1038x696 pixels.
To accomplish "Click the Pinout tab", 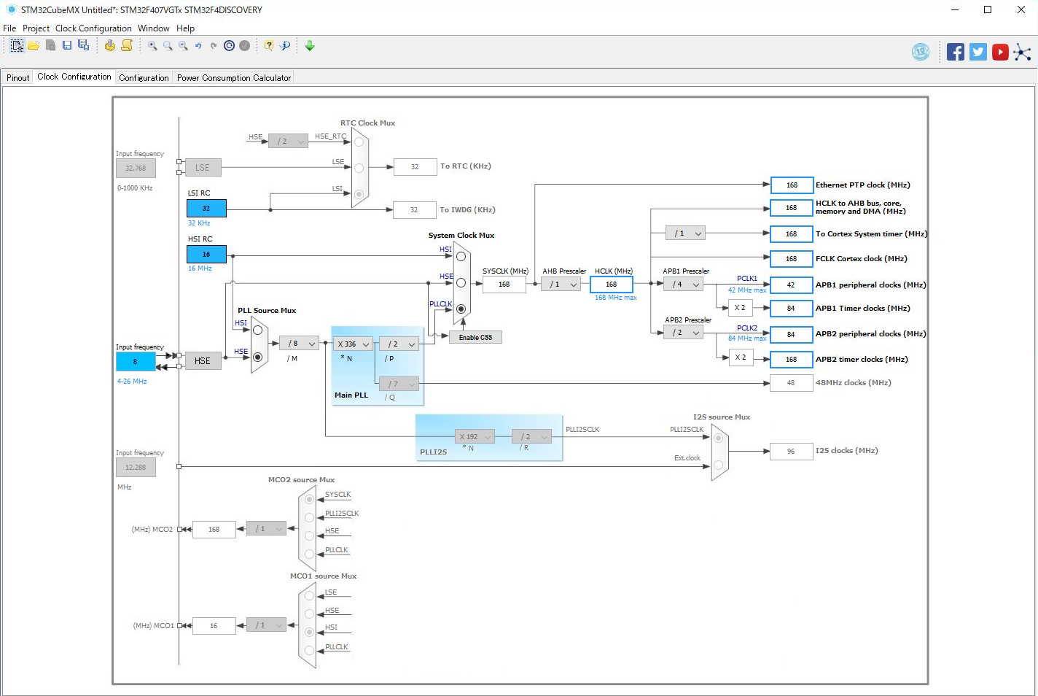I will [18, 78].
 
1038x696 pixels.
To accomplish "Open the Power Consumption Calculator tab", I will [233, 78].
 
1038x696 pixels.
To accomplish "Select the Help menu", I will [185, 28].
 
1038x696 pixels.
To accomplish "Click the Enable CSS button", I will [475, 337].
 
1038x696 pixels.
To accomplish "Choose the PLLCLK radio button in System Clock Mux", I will [461, 309].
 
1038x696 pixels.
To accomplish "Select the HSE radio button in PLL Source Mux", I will [257, 357].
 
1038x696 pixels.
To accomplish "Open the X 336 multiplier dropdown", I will [354, 344].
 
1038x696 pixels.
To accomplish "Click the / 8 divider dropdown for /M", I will [299, 344].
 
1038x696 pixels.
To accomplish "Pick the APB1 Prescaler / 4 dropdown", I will [684, 285].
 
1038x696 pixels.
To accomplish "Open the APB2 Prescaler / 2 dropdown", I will [684, 333].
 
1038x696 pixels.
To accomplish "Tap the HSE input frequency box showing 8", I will [136, 361].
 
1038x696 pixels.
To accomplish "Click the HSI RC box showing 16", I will [206, 254].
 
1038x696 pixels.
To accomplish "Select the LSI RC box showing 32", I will [206, 208].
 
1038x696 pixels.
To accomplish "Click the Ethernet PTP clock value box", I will [791, 185].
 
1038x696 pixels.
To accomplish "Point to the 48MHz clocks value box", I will [791, 383].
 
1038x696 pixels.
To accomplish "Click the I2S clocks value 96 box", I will [791, 452].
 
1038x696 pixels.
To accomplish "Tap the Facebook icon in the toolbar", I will [955, 52].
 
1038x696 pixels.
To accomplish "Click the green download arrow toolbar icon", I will [310, 46].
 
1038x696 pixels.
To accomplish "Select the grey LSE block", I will [203, 168].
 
